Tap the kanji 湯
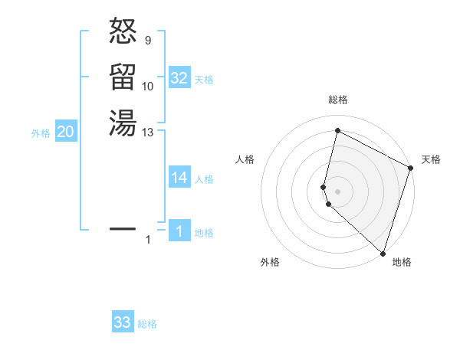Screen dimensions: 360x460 click(x=123, y=123)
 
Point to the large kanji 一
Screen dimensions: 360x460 click(x=123, y=228)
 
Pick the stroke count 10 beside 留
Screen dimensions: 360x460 click(x=148, y=87)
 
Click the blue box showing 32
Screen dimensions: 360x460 click(x=179, y=78)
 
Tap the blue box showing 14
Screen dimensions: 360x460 click(x=179, y=178)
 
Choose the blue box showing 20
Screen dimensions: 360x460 click(x=66, y=132)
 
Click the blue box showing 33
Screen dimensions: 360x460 click(x=123, y=322)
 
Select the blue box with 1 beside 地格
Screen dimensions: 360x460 click(x=179, y=231)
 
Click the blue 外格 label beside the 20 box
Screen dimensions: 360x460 click(x=41, y=133)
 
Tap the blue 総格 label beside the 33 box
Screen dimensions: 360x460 click(x=147, y=324)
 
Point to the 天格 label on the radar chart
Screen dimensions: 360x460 click(x=431, y=159)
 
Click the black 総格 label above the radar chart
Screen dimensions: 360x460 click(x=337, y=100)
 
